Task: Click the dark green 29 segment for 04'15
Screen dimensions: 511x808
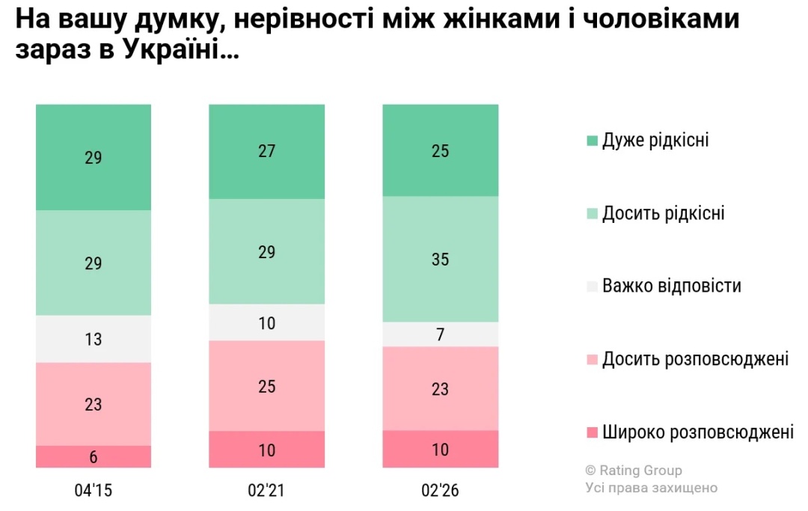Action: coord(94,157)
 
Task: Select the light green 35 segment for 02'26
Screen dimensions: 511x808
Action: coord(440,259)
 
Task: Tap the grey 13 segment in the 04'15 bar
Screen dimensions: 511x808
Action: coord(94,339)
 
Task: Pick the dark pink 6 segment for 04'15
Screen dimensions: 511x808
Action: coord(94,456)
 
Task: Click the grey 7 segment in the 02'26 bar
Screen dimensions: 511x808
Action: coord(440,334)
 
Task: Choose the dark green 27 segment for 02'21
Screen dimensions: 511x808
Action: coord(266,151)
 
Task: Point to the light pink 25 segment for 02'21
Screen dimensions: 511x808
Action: coord(266,386)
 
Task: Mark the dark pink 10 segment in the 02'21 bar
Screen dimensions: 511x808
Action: coord(266,450)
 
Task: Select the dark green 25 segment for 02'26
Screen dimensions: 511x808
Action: coord(440,150)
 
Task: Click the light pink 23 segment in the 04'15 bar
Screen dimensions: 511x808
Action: coord(94,404)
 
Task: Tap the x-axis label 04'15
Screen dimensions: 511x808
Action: coord(94,491)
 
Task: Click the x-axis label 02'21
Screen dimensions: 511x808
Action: coord(266,491)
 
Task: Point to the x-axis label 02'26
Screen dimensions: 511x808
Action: coord(440,491)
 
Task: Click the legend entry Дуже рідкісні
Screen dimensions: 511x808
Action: coord(655,141)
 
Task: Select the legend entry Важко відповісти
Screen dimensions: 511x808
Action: coord(671,286)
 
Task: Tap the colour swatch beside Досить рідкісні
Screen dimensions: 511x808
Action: coord(593,214)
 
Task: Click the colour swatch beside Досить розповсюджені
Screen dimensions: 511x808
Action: coord(593,360)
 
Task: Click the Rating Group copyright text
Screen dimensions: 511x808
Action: coord(634,471)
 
